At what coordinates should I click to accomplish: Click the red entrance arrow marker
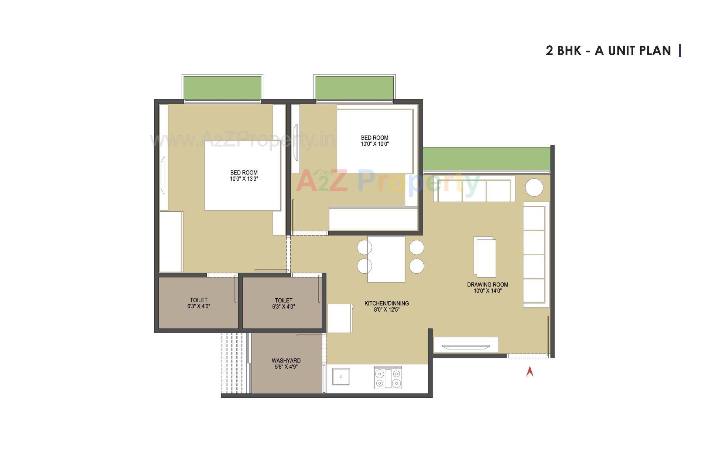530,371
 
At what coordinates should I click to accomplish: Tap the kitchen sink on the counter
341,376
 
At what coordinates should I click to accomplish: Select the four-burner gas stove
388,378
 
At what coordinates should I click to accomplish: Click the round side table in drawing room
534,188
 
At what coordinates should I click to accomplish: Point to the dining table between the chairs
386,259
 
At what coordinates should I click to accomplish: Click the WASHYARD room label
286,361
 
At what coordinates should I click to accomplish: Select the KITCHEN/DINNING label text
387,303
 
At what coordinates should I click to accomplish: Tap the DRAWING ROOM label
487,285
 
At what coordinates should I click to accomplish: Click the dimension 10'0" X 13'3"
244,179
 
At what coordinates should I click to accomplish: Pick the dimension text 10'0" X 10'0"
374,144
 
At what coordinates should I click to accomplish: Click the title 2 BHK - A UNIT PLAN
608,51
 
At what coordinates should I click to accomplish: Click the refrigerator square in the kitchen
340,318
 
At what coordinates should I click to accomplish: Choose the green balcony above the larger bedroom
222,87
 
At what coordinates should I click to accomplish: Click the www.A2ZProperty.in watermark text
242,140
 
